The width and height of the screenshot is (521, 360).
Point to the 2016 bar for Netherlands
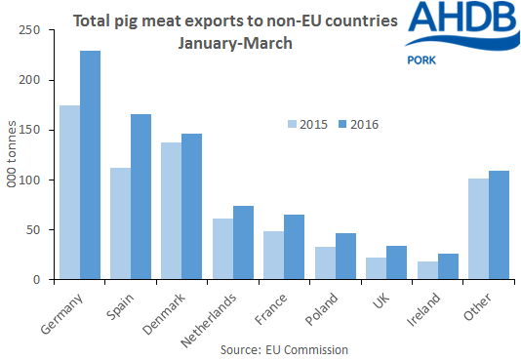(x=244, y=243)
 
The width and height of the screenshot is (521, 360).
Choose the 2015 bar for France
(x=273, y=256)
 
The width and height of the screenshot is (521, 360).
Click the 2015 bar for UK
(x=376, y=268)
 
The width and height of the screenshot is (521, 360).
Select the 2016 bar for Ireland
(x=448, y=266)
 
